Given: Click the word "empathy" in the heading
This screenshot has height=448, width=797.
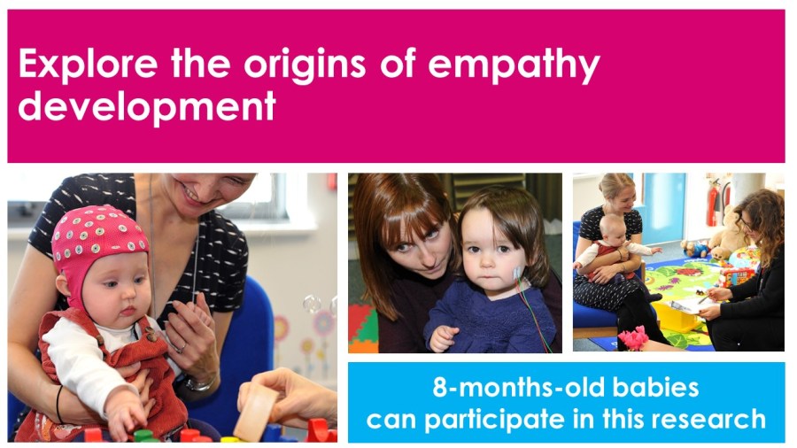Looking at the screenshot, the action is (514, 65).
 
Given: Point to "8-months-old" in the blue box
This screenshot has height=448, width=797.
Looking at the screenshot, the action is (518, 388).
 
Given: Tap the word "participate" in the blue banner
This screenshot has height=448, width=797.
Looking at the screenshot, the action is (493, 420).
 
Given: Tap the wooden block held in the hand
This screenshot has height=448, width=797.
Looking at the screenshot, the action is (255, 412).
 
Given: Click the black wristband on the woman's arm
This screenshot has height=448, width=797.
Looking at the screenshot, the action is (59, 404).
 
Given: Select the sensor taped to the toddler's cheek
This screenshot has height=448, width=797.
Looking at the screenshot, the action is (517, 274).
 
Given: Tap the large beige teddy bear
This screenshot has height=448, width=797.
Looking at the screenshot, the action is (727, 233).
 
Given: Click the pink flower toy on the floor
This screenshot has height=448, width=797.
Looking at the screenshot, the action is (633, 338).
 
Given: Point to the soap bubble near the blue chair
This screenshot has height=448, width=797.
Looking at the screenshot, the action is (312, 304).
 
